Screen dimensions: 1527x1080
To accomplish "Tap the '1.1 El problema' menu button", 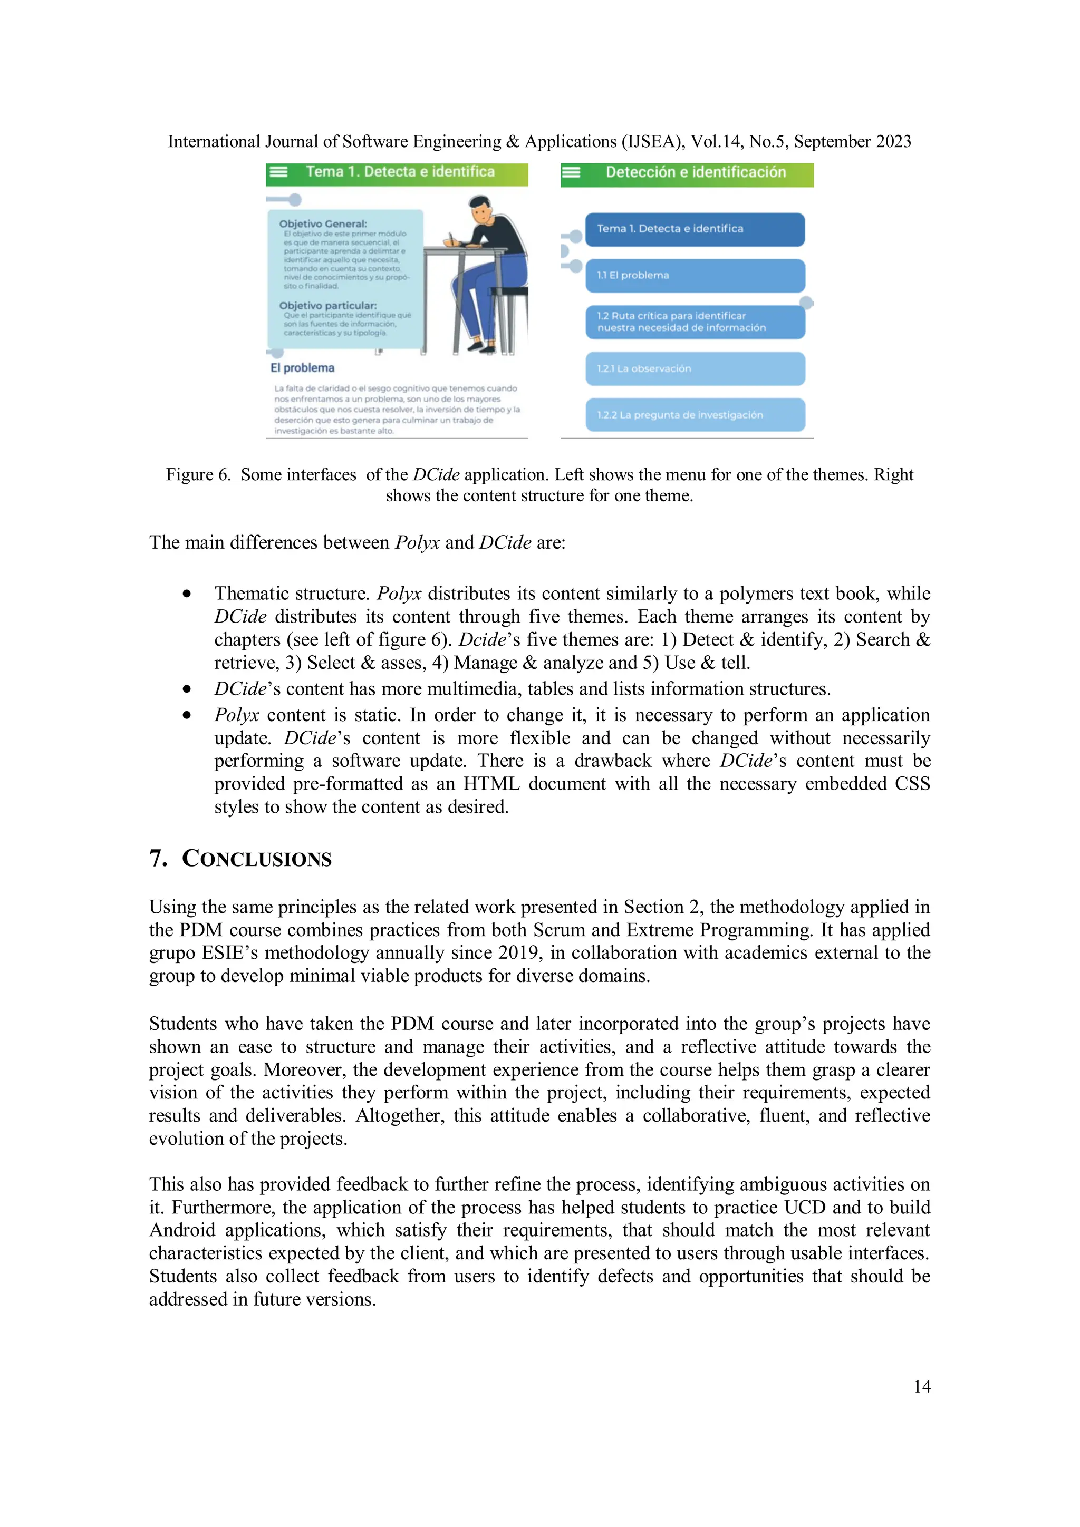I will click(695, 275).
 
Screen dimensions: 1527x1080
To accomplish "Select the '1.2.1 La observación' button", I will click(695, 368).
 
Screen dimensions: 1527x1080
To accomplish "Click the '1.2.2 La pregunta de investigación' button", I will click(695, 415).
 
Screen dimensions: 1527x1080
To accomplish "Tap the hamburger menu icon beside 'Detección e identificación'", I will click(571, 173).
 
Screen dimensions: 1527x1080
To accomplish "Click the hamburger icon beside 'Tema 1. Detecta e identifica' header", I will click(277, 172).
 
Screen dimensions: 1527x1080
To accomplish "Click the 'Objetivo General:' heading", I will click(323, 224).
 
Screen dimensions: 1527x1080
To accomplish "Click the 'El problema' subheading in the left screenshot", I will click(302, 368).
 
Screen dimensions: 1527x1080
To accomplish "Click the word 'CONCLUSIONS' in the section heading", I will click(256, 859).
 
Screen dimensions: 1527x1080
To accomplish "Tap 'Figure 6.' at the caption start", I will click(198, 475).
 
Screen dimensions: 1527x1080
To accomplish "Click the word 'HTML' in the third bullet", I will click(491, 784).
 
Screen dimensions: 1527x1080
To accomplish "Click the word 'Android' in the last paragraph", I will click(181, 1230).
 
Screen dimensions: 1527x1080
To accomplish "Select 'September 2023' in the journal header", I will click(852, 142).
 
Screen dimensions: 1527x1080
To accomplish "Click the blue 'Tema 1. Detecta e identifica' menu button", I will click(695, 229).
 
